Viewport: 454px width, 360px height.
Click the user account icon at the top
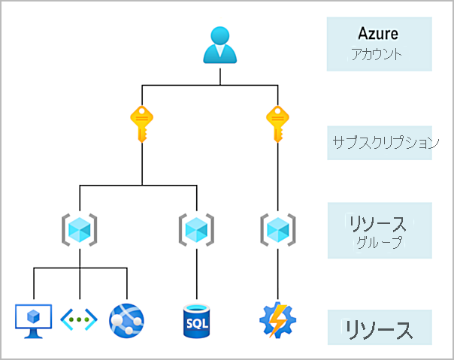[219, 44]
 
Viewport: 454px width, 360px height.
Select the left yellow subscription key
[142, 123]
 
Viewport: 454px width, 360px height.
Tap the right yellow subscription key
[278, 123]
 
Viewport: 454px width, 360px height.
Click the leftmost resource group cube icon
[79, 228]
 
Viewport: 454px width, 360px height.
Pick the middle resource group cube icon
[196, 228]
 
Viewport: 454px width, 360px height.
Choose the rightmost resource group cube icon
[278, 228]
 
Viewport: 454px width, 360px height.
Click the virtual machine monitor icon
[34, 319]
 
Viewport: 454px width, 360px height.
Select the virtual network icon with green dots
[79, 319]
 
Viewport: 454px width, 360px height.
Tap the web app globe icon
[126, 319]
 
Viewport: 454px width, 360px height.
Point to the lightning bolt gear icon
[278, 319]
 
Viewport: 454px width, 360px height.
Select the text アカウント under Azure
[378, 54]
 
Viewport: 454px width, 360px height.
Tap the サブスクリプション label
[386, 142]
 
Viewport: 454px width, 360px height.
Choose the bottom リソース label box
[379, 328]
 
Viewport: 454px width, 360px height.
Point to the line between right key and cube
[278, 177]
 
